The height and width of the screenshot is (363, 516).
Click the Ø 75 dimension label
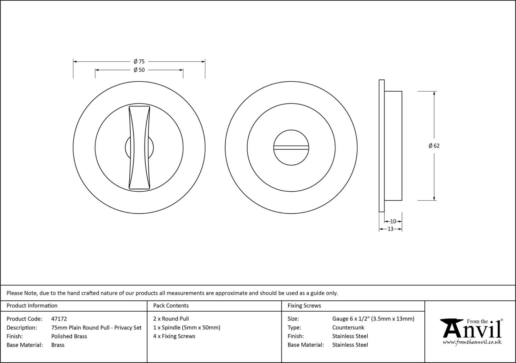pos(139,61)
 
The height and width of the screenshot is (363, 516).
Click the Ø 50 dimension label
pos(139,70)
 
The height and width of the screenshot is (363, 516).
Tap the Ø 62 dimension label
pos(434,146)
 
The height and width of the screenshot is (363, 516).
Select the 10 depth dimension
pos(393,221)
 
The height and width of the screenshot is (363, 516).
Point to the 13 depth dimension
pos(390,229)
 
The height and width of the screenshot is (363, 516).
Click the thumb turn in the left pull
pos(139,147)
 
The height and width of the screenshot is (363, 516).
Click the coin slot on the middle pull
pos(291,147)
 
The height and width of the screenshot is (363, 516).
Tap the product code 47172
pos(59,319)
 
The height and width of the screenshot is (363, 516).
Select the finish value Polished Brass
pos(69,336)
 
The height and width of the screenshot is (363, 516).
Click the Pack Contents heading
pos(171,306)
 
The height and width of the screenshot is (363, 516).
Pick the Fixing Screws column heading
pos(304,306)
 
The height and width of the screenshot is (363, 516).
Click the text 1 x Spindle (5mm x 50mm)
pos(187,328)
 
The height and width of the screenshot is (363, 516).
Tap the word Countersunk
pos(348,328)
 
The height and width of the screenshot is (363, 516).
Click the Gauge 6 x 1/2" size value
pos(373,319)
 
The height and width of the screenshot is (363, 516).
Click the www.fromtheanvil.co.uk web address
pos(472,342)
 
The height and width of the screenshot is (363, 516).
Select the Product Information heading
pos(32,306)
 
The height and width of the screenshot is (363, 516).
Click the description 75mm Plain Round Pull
pos(96,328)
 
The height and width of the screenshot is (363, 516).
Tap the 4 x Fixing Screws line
pos(174,336)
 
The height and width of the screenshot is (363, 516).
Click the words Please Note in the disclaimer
pos(22,293)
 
